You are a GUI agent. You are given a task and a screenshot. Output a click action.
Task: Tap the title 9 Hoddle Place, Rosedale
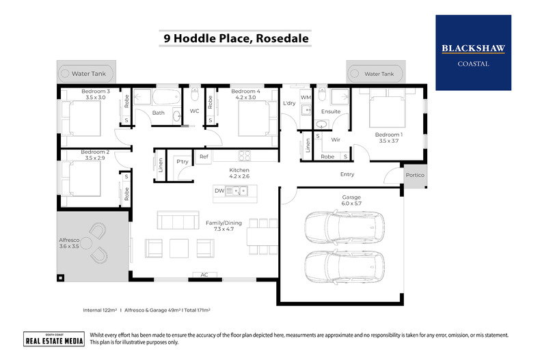click(236, 38)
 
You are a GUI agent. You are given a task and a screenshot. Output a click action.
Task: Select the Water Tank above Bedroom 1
click(377, 73)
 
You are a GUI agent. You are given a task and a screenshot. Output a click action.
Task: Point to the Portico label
click(415, 176)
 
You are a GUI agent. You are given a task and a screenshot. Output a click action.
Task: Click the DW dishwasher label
click(219, 191)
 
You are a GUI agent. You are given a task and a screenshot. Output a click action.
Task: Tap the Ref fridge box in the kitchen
click(203, 157)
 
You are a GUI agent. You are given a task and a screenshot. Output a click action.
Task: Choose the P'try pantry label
click(182, 162)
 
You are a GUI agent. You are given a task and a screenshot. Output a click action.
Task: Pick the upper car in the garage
click(340, 226)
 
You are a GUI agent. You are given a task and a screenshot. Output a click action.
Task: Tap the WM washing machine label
click(306, 98)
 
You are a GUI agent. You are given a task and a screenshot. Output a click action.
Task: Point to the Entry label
click(347, 174)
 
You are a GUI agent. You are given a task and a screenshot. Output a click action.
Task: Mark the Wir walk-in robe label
click(336, 139)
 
